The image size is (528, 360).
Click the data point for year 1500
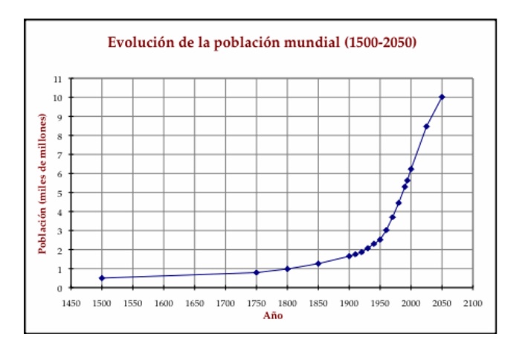coord(102,278)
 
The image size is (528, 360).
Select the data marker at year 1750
coord(257,272)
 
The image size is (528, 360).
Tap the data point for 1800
coord(287,269)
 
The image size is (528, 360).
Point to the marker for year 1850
coord(318,263)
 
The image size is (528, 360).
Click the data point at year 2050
coord(442,97)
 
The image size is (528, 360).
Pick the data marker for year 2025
coord(426,126)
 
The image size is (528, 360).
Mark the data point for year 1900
coord(349,256)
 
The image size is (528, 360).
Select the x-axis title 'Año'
coord(272,315)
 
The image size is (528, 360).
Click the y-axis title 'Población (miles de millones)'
coord(42,184)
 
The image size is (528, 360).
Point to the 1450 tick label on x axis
coord(71,303)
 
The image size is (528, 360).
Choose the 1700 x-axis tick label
coord(225,303)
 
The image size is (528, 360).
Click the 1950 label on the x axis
coord(380,303)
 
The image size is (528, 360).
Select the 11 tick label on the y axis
coord(58,78)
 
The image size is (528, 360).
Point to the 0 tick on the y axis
coord(60,288)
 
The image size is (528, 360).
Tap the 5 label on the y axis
coord(60,193)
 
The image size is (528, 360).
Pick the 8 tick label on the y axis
coord(60,135)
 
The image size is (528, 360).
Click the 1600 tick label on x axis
coord(164,303)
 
